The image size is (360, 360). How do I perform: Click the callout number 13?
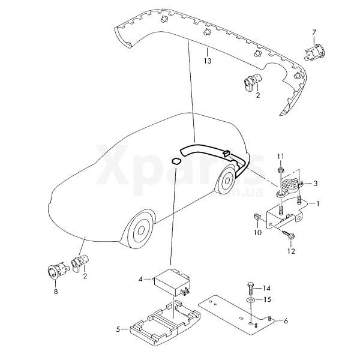click(208, 61)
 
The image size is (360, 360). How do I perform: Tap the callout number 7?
click(314, 32)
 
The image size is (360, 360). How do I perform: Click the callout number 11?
click(281, 157)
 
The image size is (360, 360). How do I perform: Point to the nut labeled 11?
click(280, 170)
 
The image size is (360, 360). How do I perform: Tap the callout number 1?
click(318, 203)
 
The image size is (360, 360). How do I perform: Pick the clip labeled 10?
click(257, 217)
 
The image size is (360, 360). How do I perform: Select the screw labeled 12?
click(288, 235)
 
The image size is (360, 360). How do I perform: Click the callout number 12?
click(291, 251)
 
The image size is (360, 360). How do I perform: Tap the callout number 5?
click(118, 329)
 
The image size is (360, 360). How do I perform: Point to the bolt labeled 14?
click(250, 289)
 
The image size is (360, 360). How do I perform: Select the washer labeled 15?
click(251, 299)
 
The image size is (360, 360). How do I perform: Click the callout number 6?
click(286, 321)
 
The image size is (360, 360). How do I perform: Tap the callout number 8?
click(56, 292)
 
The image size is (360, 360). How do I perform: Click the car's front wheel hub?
click(141, 230)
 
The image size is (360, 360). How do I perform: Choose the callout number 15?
click(268, 299)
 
